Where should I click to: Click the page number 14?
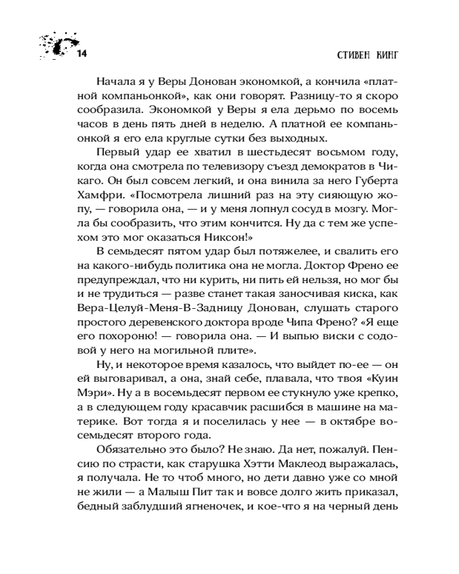(x=81, y=55)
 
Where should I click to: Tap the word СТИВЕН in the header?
(x=349, y=55)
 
